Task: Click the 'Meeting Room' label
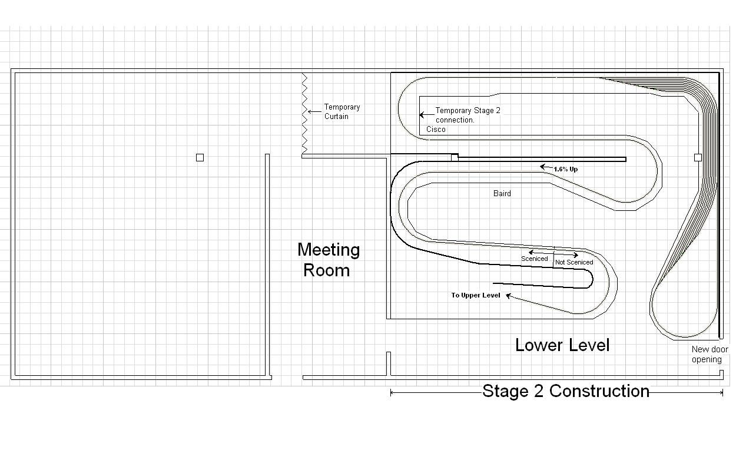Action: (x=329, y=260)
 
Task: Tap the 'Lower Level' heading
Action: (x=562, y=345)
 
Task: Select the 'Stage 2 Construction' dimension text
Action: (x=566, y=391)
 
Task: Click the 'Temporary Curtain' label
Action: (x=342, y=111)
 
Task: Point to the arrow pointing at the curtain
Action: (x=314, y=112)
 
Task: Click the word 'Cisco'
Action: (x=436, y=129)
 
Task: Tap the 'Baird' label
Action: (x=502, y=193)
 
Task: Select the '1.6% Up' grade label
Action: (x=565, y=169)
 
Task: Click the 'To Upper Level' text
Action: (x=475, y=295)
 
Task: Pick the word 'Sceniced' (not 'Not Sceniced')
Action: (x=534, y=259)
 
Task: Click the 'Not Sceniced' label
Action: (x=574, y=262)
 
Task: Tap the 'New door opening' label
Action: (x=710, y=354)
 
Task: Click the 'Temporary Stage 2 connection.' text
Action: (x=468, y=115)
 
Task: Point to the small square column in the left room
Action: (x=200, y=158)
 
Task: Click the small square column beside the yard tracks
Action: (x=698, y=157)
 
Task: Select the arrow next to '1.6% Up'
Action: (x=547, y=167)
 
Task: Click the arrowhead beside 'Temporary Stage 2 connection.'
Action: (x=422, y=115)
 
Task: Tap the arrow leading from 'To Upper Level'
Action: (x=539, y=304)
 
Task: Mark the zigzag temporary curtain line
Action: (x=304, y=113)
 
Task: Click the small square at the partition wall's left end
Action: (x=455, y=158)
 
